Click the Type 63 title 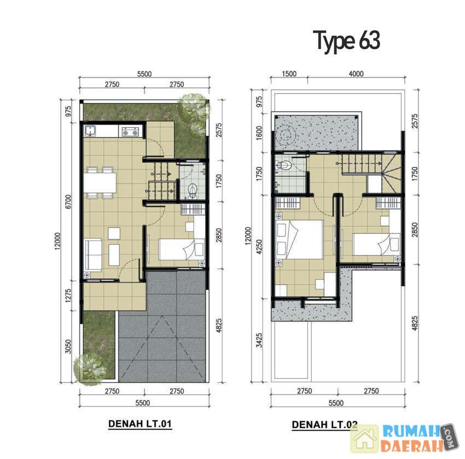tap(346, 41)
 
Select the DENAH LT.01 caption tap(140, 423)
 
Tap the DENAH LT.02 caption tap(324, 424)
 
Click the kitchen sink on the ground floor tap(90, 131)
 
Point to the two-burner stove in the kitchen tap(131, 131)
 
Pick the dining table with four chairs tap(100, 182)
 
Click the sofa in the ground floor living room tap(93, 255)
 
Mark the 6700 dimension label tap(68, 202)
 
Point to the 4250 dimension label tap(259, 246)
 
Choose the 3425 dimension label tap(259, 340)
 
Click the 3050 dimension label tap(68, 347)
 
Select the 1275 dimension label tap(68, 296)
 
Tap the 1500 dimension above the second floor tap(289, 73)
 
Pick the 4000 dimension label tap(356, 73)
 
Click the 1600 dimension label tap(259, 133)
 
